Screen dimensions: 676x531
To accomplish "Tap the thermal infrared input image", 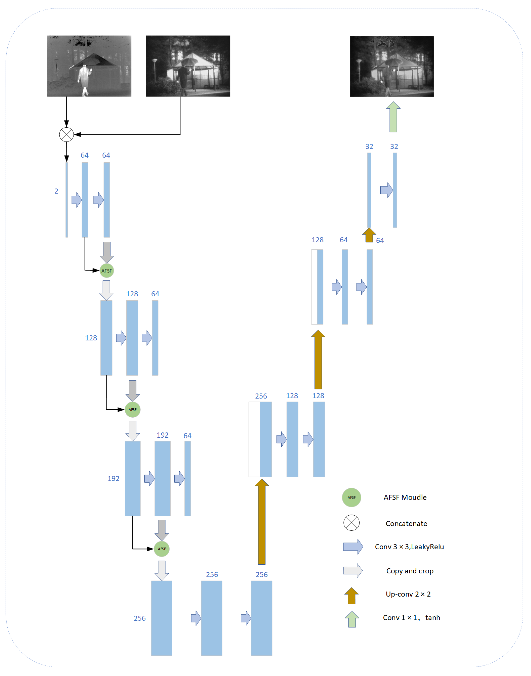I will click(x=89, y=66).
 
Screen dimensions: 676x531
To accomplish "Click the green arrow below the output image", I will click(x=393, y=117).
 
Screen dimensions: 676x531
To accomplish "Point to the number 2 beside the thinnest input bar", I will click(x=56, y=191).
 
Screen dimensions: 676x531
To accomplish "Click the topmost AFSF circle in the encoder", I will click(x=107, y=271).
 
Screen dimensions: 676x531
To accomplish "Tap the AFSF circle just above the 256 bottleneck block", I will click(x=162, y=549).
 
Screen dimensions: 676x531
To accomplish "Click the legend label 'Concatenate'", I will click(x=406, y=524).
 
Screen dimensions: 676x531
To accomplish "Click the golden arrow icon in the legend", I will click(x=352, y=595).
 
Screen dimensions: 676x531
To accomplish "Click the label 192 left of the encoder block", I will click(x=113, y=479).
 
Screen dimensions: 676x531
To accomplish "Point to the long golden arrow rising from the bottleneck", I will click(x=262, y=522).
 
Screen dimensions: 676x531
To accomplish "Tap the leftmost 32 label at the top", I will click(x=369, y=146).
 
